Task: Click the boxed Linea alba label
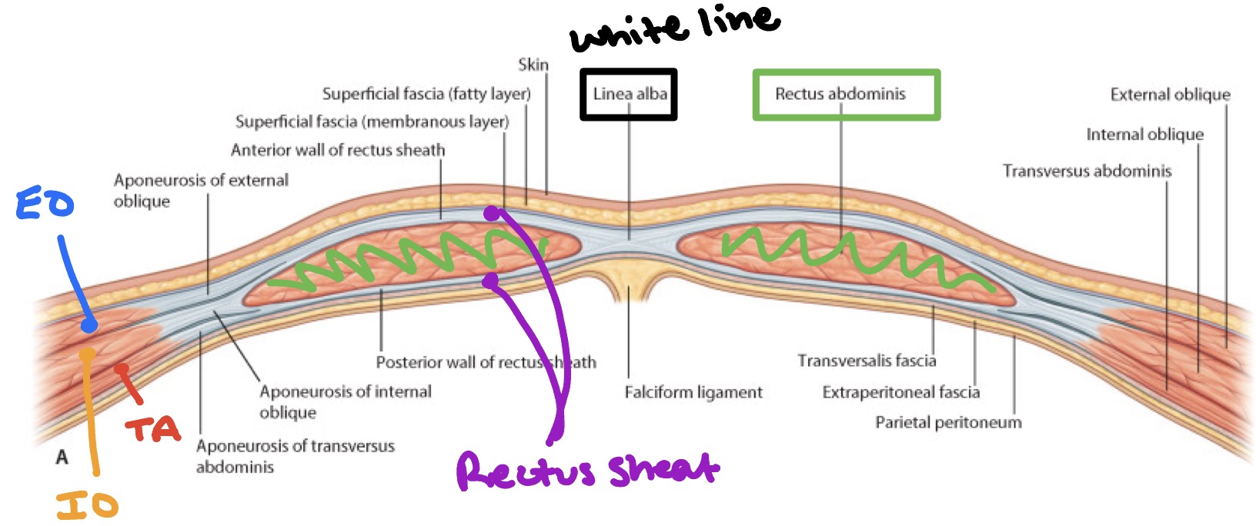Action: [x=629, y=95]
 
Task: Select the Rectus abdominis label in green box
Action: [x=840, y=95]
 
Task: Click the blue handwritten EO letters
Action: [x=45, y=205]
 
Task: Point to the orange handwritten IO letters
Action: [x=87, y=505]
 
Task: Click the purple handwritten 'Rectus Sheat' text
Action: [x=586, y=470]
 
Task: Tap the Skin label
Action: [x=533, y=65]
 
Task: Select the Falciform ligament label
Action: [x=693, y=392]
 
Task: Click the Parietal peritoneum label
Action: [x=948, y=422]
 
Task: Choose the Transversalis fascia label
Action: [x=867, y=361]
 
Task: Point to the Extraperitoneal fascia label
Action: [x=900, y=392]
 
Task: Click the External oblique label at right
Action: [x=1170, y=95]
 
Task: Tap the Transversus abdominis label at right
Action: [x=1087, y=171]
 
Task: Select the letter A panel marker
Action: [x=62, y=458]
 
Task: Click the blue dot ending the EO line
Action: [x=89, y=326]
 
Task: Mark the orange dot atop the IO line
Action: [x=88, y=355]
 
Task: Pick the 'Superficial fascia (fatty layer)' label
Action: [x=426, y=94]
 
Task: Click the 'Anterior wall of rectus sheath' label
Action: [x=338, y=150]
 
